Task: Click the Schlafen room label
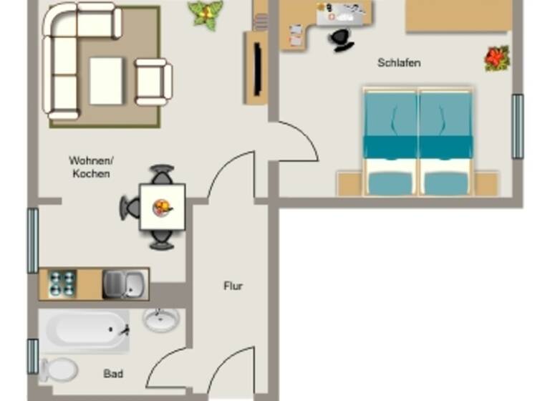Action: [x=399, y=63]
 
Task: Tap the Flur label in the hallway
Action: [x=233, y=286]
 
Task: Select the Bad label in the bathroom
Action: [x=113, y=374]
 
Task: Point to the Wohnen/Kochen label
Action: [x=90, y=166]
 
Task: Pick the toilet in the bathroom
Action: [x=59, y=369]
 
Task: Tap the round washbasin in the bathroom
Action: [x=161, y=319]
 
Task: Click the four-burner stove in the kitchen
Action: [x=62, y=284]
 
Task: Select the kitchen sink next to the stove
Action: [x=125, y=284]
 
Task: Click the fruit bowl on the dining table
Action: [x=163, y=207]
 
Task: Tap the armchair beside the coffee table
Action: [x=153, y=82]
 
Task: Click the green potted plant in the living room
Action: [x=206, y=14]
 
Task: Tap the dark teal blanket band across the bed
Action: [x=418, y=146]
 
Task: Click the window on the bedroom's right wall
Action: [x=517, y=126]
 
